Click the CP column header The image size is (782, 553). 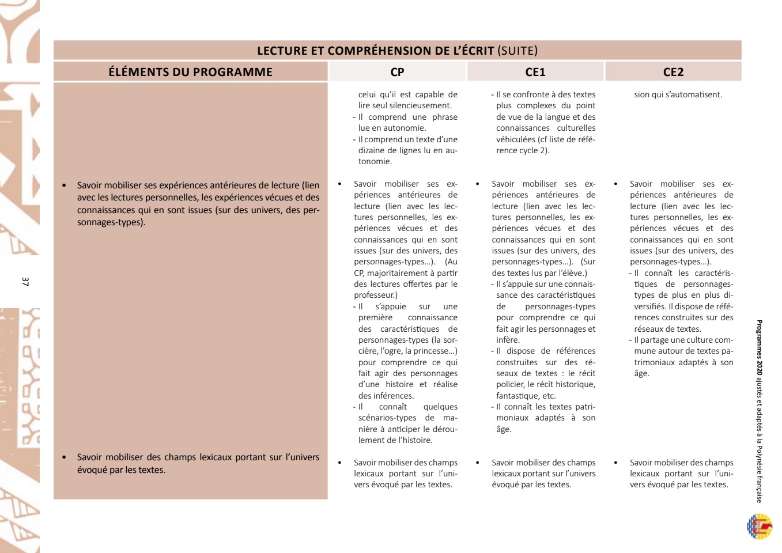tap(397, 72)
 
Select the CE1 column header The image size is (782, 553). tap(535, 72)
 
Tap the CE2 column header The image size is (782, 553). tap(673, 72)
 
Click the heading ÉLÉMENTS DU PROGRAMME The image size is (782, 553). tap(190, 72)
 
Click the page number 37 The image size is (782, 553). tap(25, 282)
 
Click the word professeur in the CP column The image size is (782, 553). tap(374, 295)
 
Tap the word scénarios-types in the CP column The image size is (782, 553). tap(387, 418)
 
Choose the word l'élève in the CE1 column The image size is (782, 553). tap(571, 273)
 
